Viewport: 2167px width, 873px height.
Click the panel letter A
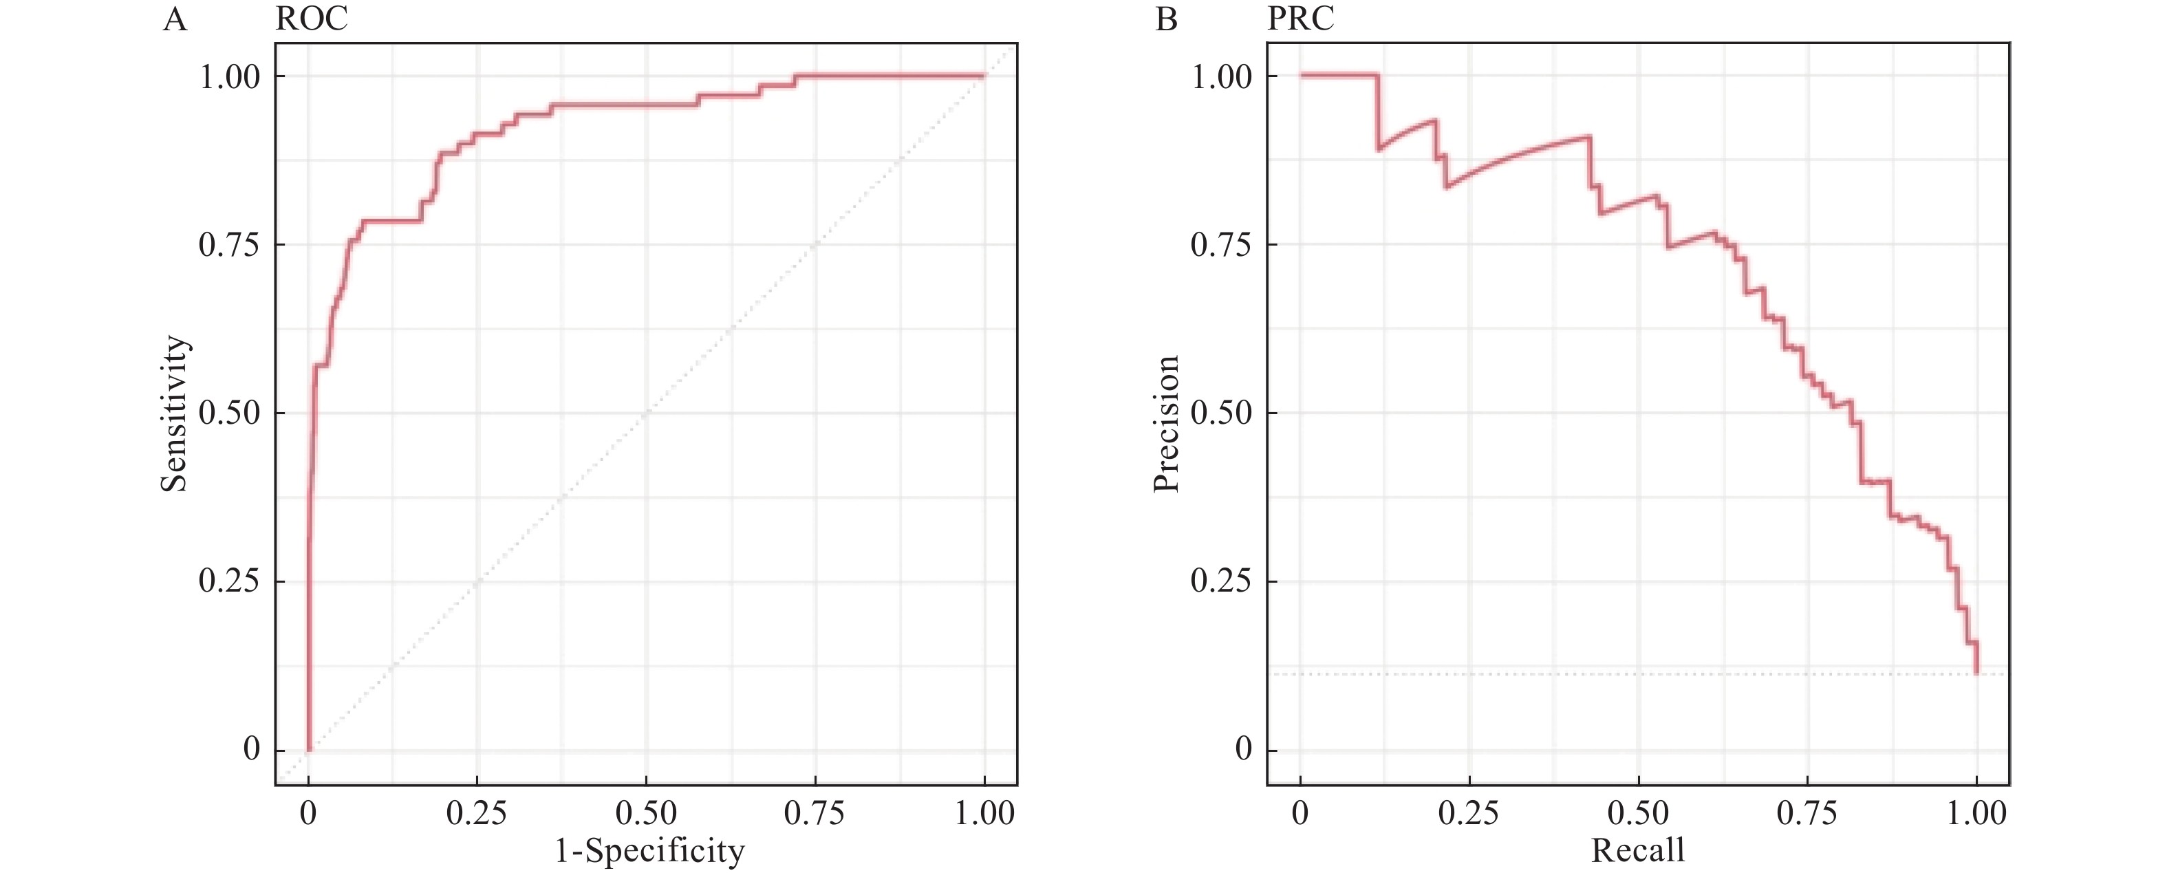tap(175, 19)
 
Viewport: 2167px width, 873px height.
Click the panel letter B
tap(1166, 19)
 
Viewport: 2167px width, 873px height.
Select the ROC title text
tap(311, 19)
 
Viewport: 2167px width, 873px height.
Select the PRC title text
tap(1300, 19)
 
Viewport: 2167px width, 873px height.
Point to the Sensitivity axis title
tap(174, 413)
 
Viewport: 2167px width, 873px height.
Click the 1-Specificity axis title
tap(649, 851)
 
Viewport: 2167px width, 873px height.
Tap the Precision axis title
tap(1166, 423)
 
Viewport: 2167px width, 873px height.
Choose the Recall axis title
tap(1638, 850)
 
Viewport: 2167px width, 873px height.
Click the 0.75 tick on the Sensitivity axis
tap(229, 245)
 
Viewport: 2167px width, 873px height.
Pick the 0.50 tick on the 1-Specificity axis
tap(646, 813)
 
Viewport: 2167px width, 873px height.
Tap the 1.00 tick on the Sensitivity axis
tap(229, 76)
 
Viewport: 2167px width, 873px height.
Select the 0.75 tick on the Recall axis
tap(1807, 813)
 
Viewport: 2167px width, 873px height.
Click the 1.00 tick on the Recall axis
tap(1977, 813)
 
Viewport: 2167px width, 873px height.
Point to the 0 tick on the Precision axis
tap(1243, 749)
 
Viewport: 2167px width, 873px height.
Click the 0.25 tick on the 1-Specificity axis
tap(477, 813)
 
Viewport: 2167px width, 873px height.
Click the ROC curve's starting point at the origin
tap(309, 749)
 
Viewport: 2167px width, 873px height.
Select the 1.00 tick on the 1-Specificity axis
tap(984, 813)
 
